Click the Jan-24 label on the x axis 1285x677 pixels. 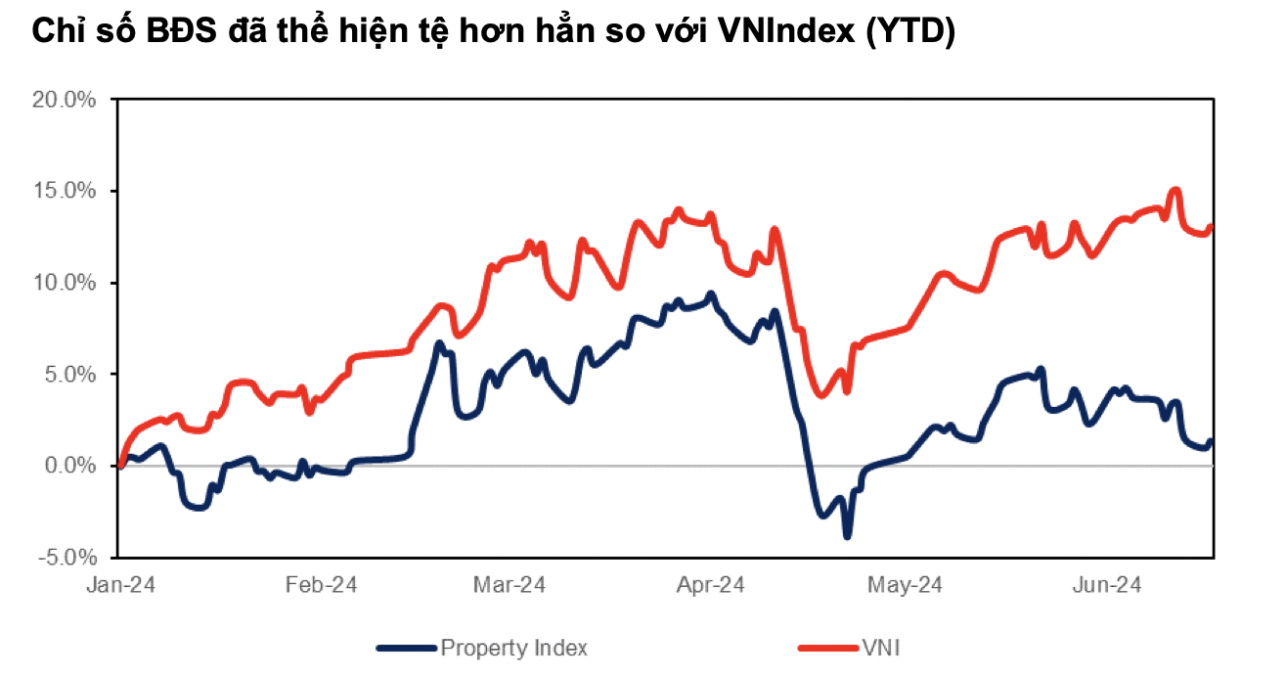click(120, 585)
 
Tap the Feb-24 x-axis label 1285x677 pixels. click(321, 585)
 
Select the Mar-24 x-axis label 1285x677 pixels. click(509, 585)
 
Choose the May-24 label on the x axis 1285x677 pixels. click(905, 585)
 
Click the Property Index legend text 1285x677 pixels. click(513, 648)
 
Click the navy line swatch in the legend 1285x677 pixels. click(405, 648)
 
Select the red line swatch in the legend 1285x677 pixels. click(827, 648)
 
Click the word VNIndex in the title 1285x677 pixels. click(787, 33)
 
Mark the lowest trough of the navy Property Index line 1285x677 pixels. click(847, 535)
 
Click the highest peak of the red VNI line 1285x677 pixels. click(1175, 191)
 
